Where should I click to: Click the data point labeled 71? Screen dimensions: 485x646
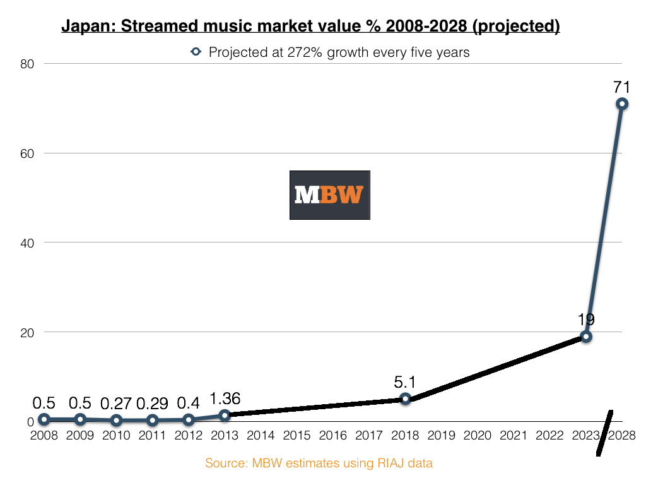pos(622,104)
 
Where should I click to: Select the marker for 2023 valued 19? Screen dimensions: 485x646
pos(586,337)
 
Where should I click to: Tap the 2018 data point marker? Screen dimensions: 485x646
pos(405,398)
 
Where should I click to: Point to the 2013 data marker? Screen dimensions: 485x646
pos(225,415)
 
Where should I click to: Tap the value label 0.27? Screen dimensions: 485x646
pos(116,402)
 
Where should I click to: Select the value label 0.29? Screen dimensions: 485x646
pos(152,402)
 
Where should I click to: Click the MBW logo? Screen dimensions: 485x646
pos(329,195)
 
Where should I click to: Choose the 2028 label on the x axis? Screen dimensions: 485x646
pos(622,436)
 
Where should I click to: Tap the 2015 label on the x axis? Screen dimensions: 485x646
pos(297,436)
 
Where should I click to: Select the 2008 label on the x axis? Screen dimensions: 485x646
pos(44,436)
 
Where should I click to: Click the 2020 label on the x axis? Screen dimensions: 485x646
pos(478,436)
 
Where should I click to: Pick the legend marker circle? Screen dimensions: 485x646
pos(196,52)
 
